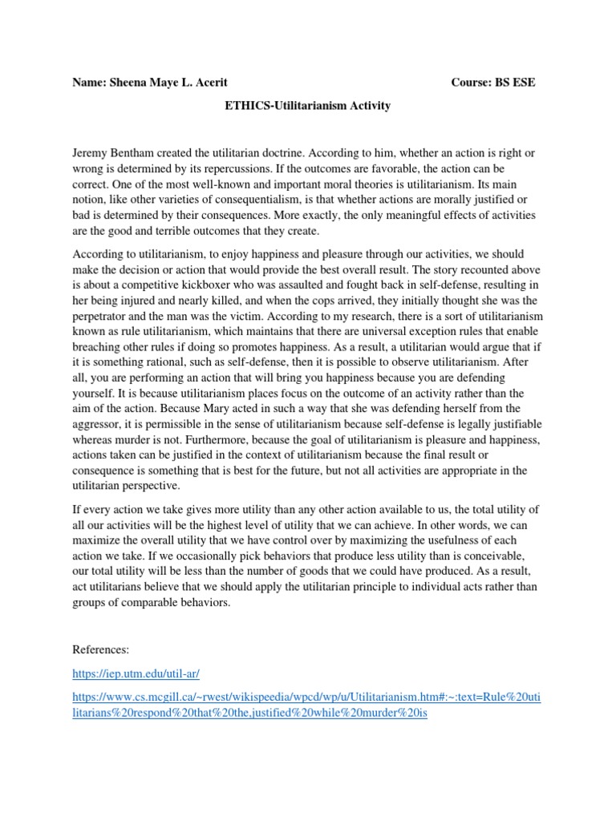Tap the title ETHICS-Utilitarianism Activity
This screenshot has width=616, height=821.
tap(308, 106)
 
